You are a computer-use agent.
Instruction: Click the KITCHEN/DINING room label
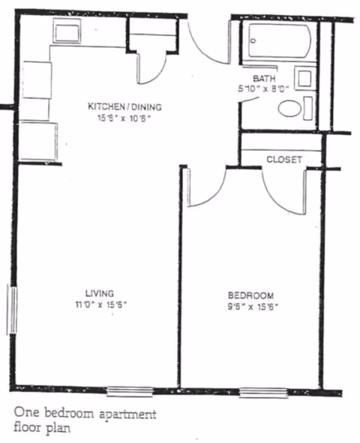tap(124, 106)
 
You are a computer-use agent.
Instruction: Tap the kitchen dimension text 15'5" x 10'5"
tap(124, 118)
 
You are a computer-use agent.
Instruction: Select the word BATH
tap(263, 78)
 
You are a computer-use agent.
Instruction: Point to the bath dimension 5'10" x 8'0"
tap(263, 88)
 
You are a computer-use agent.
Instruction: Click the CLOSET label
tap(284, 160)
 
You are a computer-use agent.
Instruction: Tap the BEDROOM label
tap(250, 295)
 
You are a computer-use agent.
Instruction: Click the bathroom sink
tap(304, 78)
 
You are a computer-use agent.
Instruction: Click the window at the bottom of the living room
tap(130, 391)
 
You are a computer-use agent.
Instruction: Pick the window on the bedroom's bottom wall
tap(263, 391)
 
